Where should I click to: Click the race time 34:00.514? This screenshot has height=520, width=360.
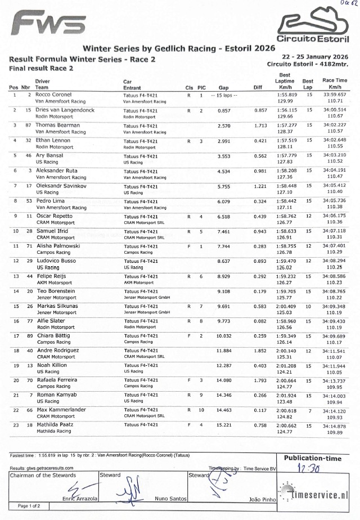335,110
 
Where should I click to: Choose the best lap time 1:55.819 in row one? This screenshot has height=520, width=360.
287,95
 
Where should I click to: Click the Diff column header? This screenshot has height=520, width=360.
258,88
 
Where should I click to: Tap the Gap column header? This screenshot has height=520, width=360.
223,88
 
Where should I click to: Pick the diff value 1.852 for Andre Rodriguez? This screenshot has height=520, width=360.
260,351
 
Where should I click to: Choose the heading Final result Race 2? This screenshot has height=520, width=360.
42,68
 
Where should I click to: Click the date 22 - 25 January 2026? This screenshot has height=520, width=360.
315,57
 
